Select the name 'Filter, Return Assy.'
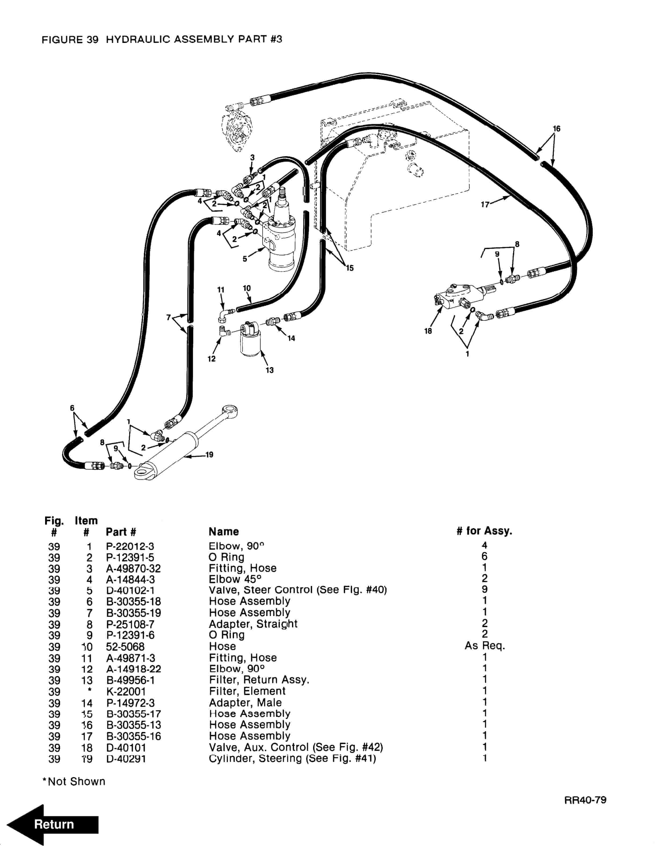(x=259, y=680)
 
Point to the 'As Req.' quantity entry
(x=485, y=646)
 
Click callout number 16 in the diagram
(x=557, y=129)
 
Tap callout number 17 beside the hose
(x=485, y=205)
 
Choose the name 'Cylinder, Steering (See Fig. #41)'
(x=292, y=759)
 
